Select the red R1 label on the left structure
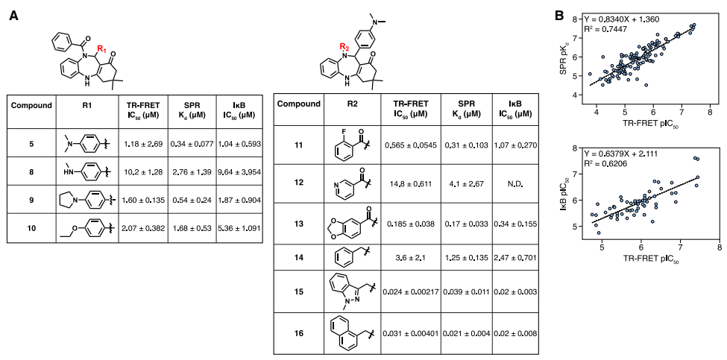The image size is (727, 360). tap(104, 49)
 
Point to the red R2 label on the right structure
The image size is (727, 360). tap(344, 47)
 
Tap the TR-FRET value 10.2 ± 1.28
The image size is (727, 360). tap(142, 171)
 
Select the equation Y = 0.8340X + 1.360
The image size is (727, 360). tap(625, 19)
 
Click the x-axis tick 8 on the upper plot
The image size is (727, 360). tap(710, 111)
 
